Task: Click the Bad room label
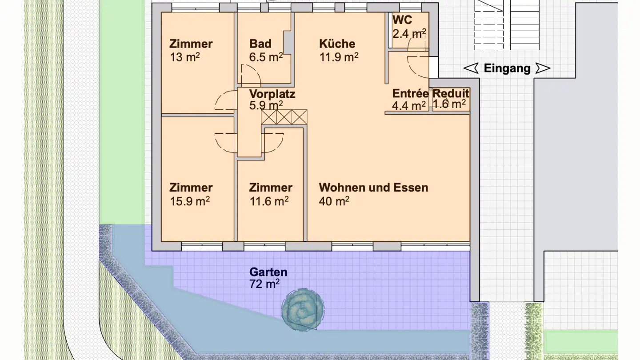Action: [260, 44]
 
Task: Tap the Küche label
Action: [337, 44]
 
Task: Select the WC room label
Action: [402, 20]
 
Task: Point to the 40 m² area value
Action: [334, 201]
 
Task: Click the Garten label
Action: [268, 272]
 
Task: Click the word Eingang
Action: [507, 68]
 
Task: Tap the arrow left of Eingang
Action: [471, 68]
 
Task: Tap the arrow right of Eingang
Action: [543, 68]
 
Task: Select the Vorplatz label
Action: [272, 94]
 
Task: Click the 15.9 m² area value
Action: [190, 201]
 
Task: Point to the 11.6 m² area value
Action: [269, 201]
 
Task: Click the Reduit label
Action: [451, 94]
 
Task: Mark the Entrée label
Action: [410, 94]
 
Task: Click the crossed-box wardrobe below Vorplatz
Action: [284, 117]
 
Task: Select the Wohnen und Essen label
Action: [373, 188]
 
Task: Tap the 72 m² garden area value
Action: [264, 284]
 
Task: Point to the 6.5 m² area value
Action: [266, 57]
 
